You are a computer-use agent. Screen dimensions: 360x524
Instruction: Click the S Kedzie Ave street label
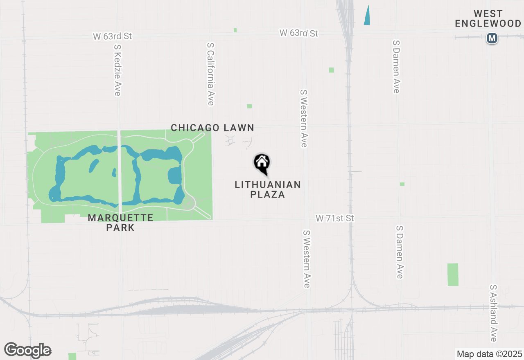coord(117,70)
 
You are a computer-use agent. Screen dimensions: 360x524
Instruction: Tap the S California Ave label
coord(210,74)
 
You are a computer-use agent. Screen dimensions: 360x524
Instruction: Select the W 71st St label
coord(334,218)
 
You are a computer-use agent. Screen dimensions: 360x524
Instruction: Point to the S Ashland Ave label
coord(493,313)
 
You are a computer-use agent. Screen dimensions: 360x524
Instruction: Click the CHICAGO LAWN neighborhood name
coord(212,128)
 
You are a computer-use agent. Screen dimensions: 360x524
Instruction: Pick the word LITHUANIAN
coord(268,185)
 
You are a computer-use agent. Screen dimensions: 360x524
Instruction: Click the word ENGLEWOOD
coord(488,24)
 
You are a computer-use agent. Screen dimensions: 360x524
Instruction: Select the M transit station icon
coord(492,38)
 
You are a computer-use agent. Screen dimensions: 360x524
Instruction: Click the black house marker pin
coord(262,163)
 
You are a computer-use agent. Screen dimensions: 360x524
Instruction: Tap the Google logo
coord(27,350)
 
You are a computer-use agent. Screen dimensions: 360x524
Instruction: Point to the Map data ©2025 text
coord(489,354)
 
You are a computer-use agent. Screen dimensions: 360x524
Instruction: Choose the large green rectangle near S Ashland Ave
coord(453,274)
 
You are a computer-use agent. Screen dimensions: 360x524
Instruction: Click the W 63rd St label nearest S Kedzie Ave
coord(112,36)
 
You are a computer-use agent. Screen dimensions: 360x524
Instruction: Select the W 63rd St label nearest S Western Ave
coord(299,33)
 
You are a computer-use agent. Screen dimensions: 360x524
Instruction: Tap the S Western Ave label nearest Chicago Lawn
coord(303,119)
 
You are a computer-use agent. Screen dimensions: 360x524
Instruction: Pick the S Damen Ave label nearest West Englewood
coord(396,67)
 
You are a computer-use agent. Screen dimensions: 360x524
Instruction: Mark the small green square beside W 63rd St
coord(235,30)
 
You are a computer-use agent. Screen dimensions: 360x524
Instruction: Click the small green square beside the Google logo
coord(72,356)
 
